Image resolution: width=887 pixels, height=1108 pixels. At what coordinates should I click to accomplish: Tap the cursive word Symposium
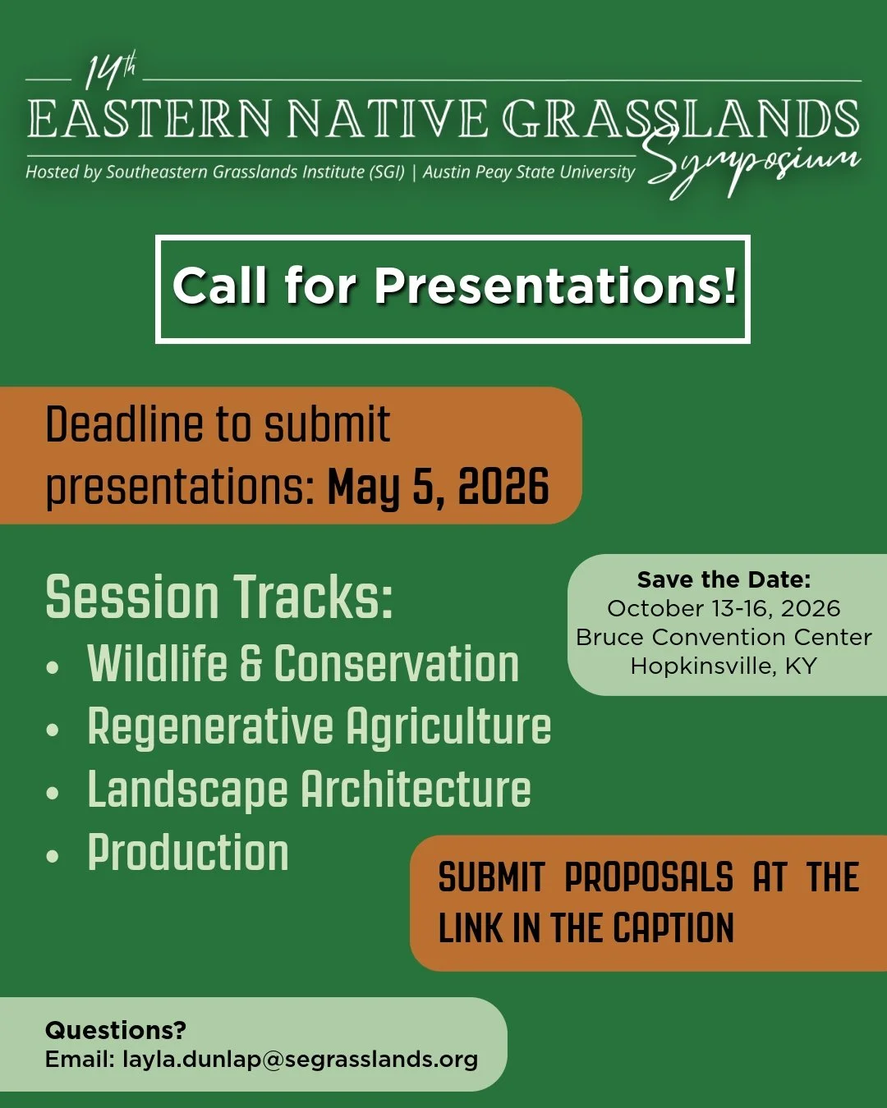point(751,164)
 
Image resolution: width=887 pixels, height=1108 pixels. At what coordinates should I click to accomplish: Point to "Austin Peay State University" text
point(529,172)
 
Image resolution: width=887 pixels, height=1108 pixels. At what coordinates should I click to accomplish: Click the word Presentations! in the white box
point(556,286)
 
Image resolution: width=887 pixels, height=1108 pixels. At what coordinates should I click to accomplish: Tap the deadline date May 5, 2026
point(438,487)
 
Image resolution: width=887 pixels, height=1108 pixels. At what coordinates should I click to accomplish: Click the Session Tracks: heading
point(219,597)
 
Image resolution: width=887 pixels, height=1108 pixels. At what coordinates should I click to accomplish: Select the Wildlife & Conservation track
point(303,664)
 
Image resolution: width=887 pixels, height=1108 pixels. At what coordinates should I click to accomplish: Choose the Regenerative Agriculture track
point(319,727)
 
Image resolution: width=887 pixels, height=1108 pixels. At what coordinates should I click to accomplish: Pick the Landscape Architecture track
point(309,790)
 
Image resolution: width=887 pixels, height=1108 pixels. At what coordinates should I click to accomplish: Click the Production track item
point(188,853)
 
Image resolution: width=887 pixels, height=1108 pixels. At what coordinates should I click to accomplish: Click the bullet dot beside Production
point(53,856)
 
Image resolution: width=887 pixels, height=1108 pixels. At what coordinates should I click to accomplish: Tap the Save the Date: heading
point(724,579)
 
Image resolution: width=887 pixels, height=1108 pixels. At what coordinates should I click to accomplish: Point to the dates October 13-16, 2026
point(724,608)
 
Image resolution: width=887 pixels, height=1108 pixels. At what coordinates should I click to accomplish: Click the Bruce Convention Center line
point(724,637)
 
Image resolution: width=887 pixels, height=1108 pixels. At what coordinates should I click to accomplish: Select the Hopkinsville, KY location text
point(724,666)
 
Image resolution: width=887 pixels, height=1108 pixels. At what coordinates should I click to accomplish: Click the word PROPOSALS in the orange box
point(649,877)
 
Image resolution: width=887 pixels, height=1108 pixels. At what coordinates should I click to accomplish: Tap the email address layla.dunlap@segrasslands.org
point(300,1060)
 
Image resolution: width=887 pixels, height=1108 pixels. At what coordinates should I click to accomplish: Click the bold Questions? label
point(116,1030)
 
